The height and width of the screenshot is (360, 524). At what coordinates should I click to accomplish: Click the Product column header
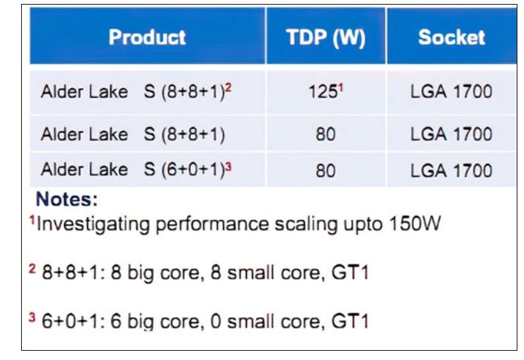pos(147,37)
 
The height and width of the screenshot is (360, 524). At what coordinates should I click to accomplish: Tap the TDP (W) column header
pos(325,37)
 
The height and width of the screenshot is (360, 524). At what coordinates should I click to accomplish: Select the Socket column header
pos(451,37)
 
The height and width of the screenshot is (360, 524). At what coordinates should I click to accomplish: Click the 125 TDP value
pos(323,92)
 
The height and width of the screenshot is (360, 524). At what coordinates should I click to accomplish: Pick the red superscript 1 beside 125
pos(341,88)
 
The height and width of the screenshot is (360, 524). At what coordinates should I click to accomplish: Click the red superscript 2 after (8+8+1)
pos(228,88)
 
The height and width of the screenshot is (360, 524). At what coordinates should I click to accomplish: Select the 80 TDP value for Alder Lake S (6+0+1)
pos(325,170)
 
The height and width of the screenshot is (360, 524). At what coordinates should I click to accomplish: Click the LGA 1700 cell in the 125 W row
pos(451,92)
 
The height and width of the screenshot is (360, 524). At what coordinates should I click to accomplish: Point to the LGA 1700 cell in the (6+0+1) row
pos(451,170)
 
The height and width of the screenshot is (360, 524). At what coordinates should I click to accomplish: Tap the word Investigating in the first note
pos(93,225)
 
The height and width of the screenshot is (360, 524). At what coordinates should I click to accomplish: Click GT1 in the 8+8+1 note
pos(350,272)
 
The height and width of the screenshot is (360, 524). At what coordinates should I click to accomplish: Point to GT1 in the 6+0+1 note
pos(350,321)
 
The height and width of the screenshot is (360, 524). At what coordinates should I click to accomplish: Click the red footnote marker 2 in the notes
pos(32,269)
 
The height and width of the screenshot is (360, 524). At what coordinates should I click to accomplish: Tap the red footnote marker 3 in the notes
pos(32,317)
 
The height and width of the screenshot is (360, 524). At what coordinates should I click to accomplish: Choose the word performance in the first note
pos(213,225)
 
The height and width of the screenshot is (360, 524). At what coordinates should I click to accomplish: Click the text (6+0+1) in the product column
pos(193,170)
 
